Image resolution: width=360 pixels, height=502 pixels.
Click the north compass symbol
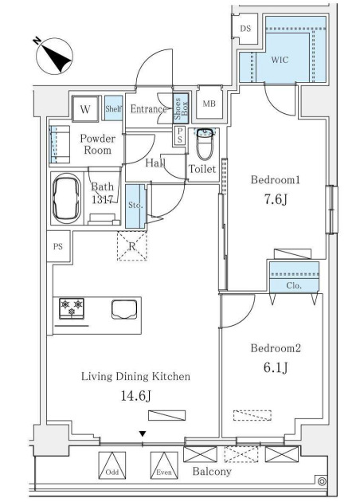pos(54,57)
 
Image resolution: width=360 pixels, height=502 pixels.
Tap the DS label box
pos(246,29)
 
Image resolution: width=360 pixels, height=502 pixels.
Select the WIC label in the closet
pos(280,60)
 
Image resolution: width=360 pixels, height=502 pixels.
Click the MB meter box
pos(209,104)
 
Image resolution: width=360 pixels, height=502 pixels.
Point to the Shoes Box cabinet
pos(181,108)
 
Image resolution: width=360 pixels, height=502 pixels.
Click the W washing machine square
pos(85,109)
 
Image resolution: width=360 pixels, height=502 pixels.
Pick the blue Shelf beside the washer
pos(113,108)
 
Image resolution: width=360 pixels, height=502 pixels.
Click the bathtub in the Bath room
pos(67,199)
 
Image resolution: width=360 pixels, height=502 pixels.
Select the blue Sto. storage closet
pos(135,206)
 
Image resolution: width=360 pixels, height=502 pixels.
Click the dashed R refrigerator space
pos(132,246)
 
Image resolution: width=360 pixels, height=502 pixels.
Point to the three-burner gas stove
pos(72,308)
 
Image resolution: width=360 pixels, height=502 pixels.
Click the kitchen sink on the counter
pos(124,310)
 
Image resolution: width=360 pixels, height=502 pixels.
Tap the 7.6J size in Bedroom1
pos(276,199)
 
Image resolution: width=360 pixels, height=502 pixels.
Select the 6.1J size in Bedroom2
pos(276,367)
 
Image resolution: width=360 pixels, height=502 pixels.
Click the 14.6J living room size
pos(136,396)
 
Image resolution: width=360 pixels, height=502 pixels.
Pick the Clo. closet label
pos(294,285)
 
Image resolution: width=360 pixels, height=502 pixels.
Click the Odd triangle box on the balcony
pos(112,465)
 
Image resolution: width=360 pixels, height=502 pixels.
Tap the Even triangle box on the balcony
pos(164,465)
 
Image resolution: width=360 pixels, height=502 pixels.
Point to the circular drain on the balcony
pos(322,481)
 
